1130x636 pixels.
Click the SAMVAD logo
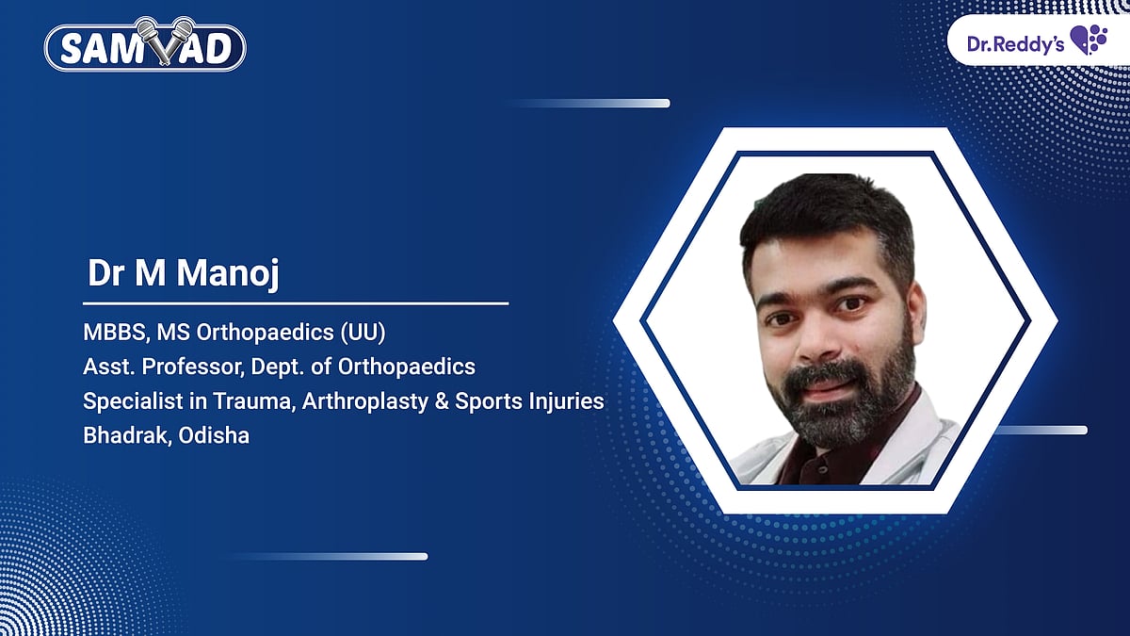coord(146,47)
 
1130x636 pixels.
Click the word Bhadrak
coord(121,436)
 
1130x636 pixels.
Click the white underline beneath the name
coord(296,303)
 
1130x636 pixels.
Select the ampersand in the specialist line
coord(440,401)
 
